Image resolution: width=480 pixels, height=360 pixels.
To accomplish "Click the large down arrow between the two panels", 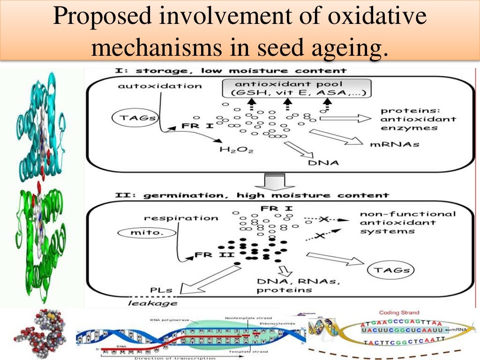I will point(276,180).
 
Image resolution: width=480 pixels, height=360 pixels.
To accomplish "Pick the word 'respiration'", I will point(181,217).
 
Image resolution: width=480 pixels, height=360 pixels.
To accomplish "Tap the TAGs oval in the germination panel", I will point(388,270).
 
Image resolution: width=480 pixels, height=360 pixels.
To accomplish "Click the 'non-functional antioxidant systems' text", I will point(407,222).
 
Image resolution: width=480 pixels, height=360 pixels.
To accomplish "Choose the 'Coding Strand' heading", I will point(399,313).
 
